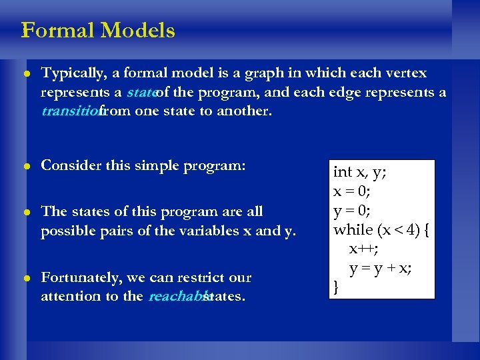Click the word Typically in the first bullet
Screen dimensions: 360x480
(x=70, y=73)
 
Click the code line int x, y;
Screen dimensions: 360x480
(x=360, y=172)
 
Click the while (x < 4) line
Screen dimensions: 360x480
(x=382, y=230)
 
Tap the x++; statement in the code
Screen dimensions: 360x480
(x=363, y=249)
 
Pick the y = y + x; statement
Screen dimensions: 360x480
(x=381, y=269)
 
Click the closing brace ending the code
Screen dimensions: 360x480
(x=337, y=288)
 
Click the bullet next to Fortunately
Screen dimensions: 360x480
(x=27, y=278)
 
